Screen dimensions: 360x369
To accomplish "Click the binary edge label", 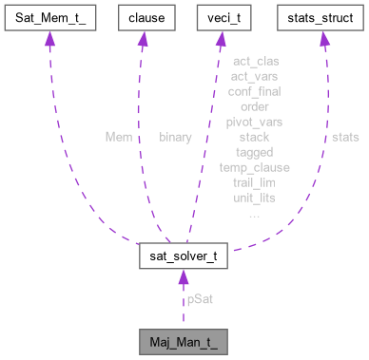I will [175, 137].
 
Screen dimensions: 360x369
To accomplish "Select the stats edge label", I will [346, 137].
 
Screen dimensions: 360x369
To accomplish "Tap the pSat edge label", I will [199, 298].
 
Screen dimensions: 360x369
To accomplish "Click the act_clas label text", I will [254, 62].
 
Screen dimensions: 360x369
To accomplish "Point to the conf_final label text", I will [254, 92].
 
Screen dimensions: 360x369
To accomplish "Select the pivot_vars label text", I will [254, 122].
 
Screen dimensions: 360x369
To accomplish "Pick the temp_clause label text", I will [254, 167].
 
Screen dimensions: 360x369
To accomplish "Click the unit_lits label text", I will [254, 198].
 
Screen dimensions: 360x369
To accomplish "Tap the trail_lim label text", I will [254, 182].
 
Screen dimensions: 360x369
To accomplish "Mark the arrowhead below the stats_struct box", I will [323, 39].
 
